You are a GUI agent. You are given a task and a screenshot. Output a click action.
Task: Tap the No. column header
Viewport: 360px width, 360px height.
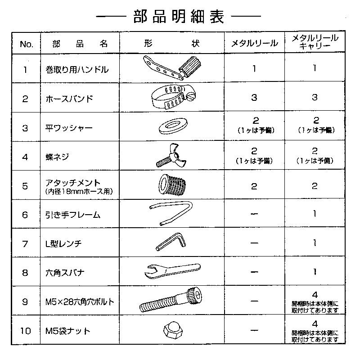pyautogui.click(x=27, y=44)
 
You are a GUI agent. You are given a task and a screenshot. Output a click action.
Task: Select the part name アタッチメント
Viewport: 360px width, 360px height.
pyautogui.click(x=73, y=183)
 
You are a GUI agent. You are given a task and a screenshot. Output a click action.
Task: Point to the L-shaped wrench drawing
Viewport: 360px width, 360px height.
pyautogui.click(x=171, y=243)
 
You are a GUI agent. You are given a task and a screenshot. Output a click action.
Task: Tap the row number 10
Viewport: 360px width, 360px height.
pyautogui.click(x=27, y=331)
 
